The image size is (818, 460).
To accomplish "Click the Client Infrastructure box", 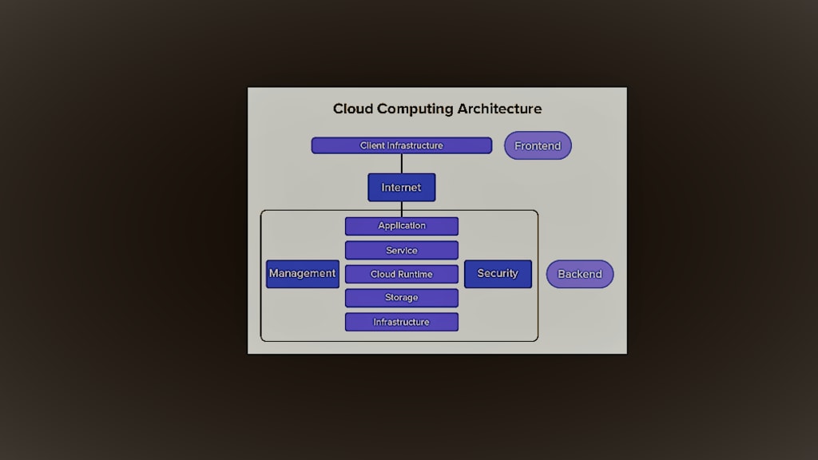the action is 402,145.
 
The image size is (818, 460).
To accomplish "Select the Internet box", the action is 402,187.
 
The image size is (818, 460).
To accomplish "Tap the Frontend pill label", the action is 538,145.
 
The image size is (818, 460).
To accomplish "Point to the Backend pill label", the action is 580,274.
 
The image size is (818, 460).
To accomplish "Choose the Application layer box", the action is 402,226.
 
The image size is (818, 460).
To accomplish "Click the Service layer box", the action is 402,250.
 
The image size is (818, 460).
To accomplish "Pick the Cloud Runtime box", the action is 402,275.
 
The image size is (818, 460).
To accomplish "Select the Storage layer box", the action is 402,298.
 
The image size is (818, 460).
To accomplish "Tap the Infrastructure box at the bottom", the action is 402,323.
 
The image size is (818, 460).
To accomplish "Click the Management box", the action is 303,274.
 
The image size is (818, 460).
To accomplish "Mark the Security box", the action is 498,274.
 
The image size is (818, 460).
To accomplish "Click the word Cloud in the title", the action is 352,109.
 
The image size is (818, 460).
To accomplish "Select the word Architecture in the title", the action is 500,109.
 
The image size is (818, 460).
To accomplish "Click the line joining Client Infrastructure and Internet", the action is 402,164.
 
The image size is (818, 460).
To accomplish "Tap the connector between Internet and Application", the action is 402,209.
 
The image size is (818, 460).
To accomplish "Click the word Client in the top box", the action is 372,145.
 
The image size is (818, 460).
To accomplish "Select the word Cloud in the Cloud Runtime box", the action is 383,275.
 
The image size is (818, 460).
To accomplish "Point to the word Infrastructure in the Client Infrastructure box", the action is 415,145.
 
